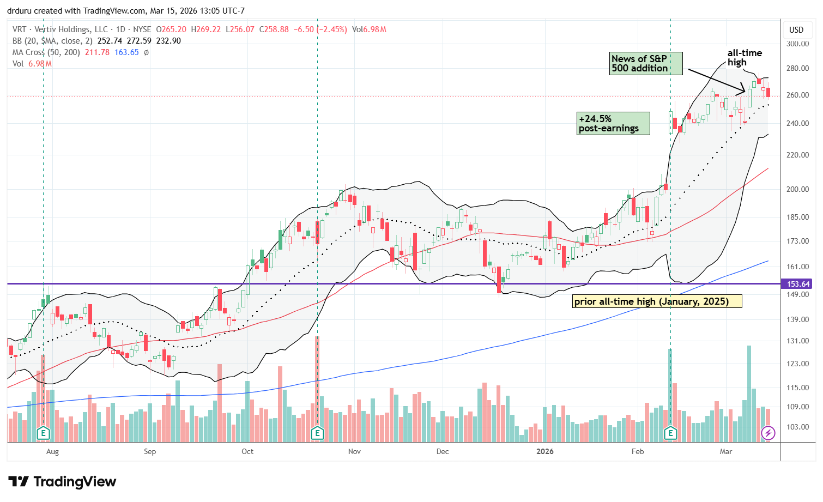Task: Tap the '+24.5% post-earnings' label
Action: click(x=613, y=123)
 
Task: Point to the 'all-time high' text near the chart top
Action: click(x=745, y=57)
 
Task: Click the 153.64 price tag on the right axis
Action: click(x=798, y=284)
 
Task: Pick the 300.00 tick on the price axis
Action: click(x=798, y=44)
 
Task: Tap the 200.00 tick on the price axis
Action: click(x=798, y=189)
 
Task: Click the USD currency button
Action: click(x=796, y=29)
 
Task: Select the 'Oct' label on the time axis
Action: click(x=247, y=451)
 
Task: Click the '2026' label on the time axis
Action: click(x=544, y=451)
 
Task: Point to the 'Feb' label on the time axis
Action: click(x=637, y=451)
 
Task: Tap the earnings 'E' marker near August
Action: click(x=43, y=433)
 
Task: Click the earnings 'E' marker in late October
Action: click(x=317, y=433)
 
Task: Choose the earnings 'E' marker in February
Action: click(x=670, y=433)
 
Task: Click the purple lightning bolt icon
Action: click(x=768, y=433)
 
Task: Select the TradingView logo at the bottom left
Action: click(x=62, y=482)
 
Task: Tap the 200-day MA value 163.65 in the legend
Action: click(x=126, y=52)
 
